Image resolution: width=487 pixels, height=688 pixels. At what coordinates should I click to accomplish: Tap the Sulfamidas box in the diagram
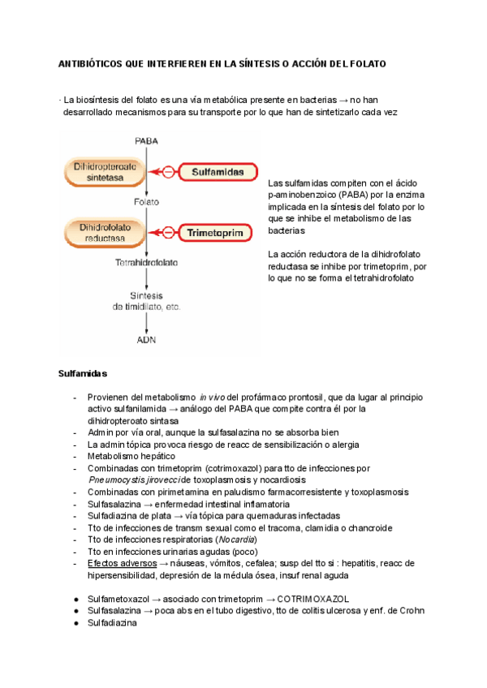pos(216,172)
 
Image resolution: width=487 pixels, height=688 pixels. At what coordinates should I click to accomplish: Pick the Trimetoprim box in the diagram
pos(216,233)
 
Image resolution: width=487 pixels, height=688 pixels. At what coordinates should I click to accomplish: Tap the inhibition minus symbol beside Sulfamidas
pos(169,172)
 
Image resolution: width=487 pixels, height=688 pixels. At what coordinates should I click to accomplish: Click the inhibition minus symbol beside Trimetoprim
pos(169,233)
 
